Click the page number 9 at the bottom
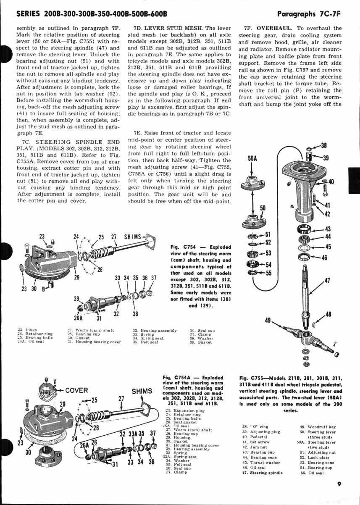coord(339,484)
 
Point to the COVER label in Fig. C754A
coord(76,390)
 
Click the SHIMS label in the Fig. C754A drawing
coord(142,391)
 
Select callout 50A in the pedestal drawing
coord(252,159)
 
